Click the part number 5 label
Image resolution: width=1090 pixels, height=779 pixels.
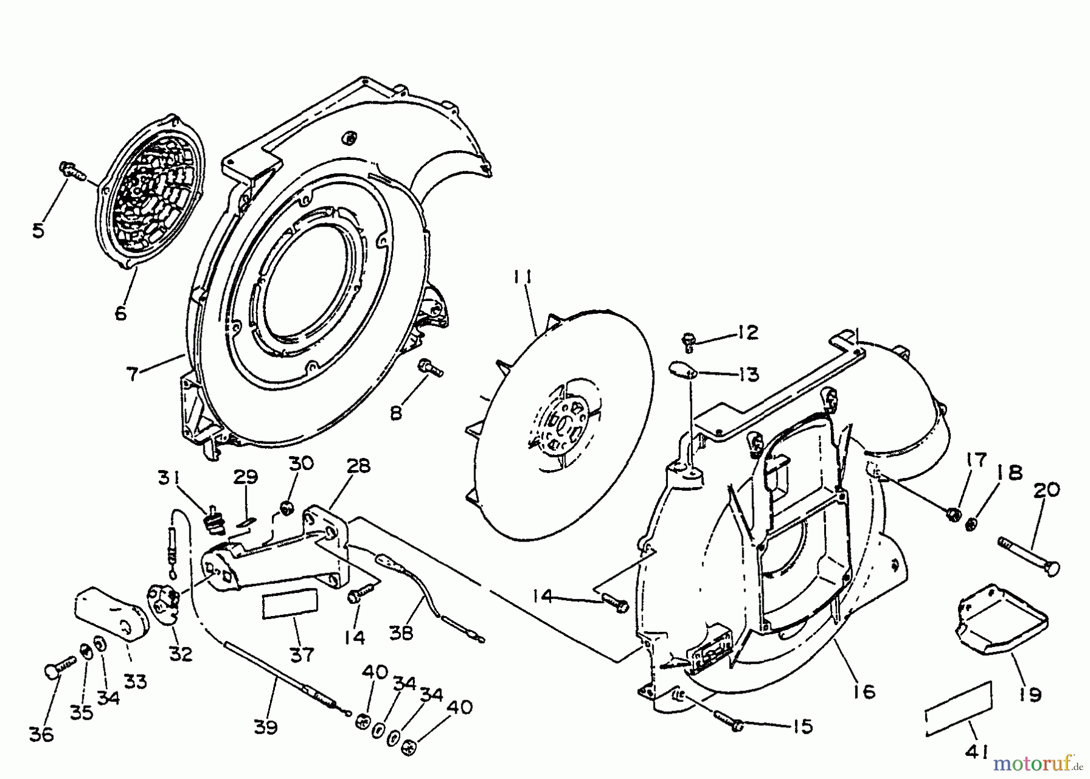point(39,231)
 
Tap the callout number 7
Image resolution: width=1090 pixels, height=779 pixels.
point(132,374)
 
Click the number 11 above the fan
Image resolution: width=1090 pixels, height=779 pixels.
point(522,278)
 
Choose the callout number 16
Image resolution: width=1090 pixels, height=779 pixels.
point(866,691)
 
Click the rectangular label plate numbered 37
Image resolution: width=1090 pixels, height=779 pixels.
point(289,606)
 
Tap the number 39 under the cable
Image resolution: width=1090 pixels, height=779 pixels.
point(265,727)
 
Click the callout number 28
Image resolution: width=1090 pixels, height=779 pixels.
point(358,467)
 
